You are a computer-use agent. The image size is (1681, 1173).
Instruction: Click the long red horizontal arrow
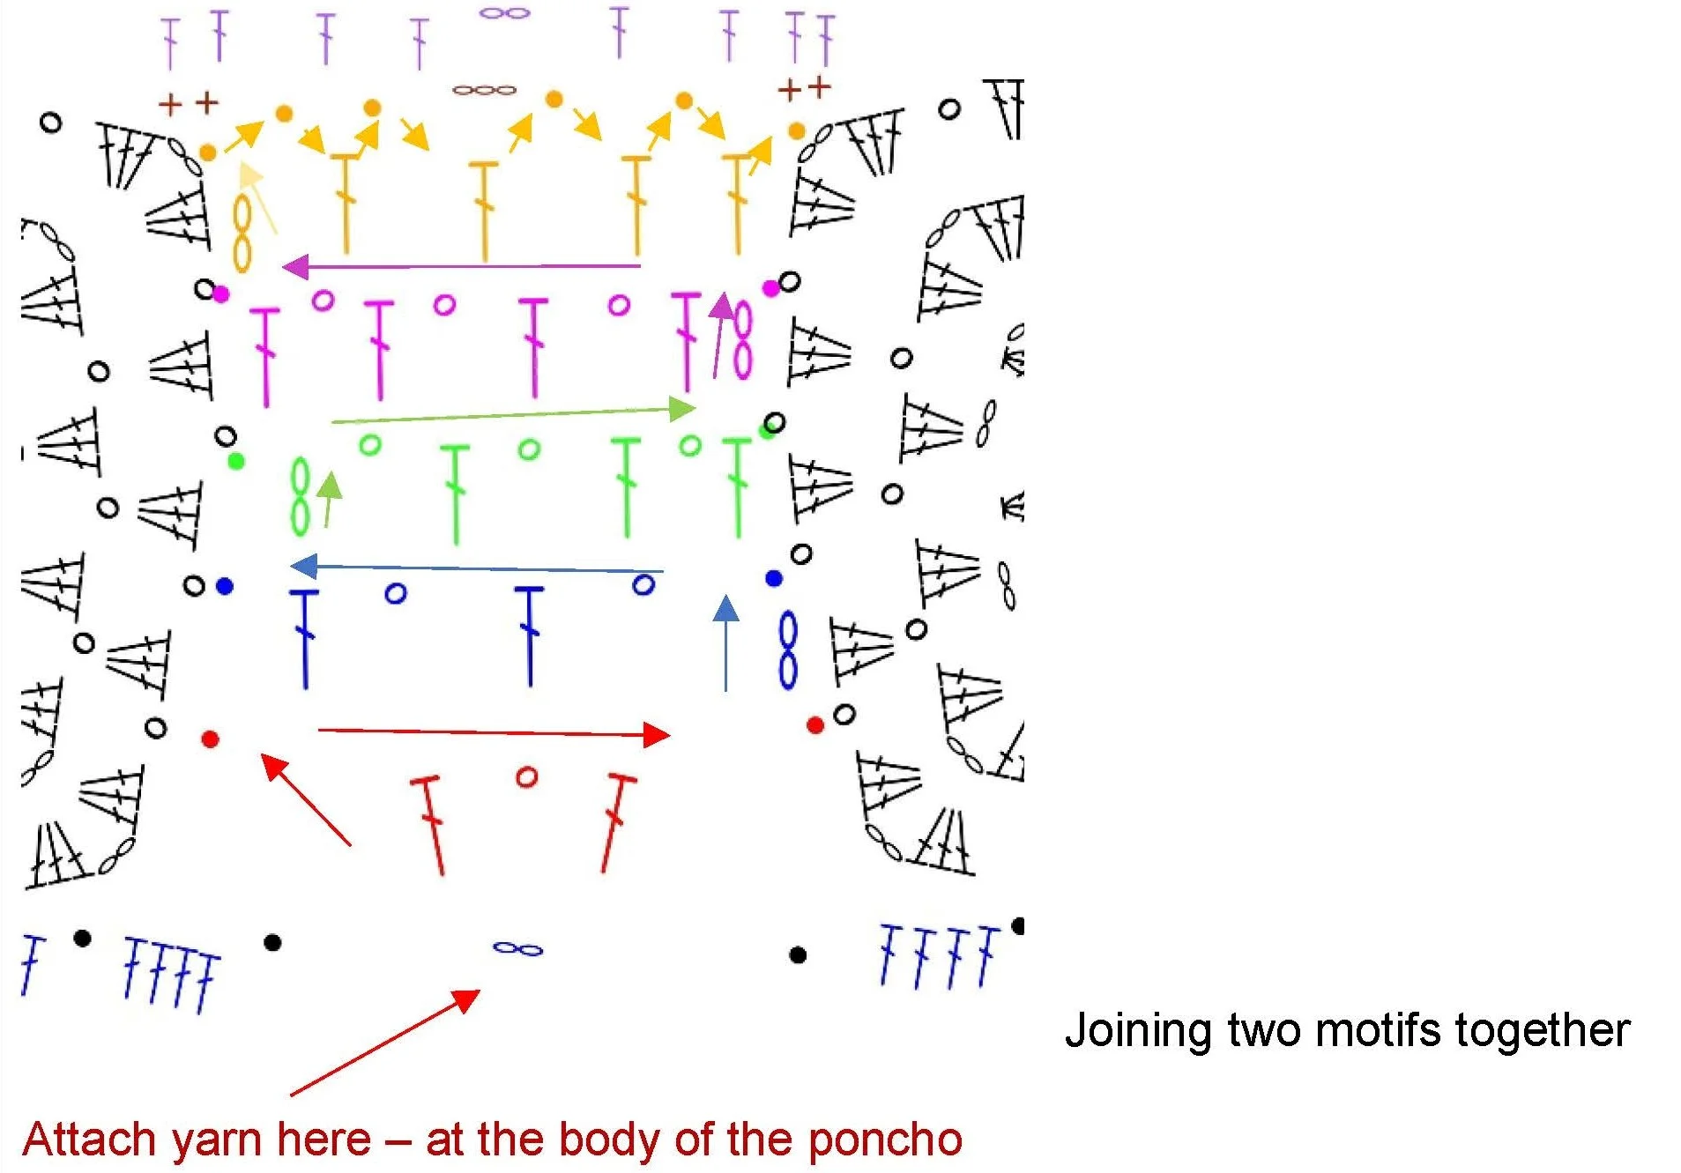tap(494, 732)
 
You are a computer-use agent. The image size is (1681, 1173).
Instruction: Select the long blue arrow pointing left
tap(476, 568)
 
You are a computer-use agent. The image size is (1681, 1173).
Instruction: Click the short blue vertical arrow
tap(725, 642)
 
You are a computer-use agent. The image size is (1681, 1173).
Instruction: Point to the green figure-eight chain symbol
tap(301, 496)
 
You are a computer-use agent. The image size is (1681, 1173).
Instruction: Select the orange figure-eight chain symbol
tap(242, 233)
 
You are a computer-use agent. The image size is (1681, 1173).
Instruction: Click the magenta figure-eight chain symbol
tap(742, 340)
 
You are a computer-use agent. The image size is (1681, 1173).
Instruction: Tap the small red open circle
tap(526, 776)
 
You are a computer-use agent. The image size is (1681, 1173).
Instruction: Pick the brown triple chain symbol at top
tap(484, 90)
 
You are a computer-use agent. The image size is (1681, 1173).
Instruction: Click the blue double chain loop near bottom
tap(518, 948)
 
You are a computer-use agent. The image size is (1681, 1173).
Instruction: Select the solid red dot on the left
tap(210, 739)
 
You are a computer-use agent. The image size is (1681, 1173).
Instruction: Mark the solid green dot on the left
tap(235, 461)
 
